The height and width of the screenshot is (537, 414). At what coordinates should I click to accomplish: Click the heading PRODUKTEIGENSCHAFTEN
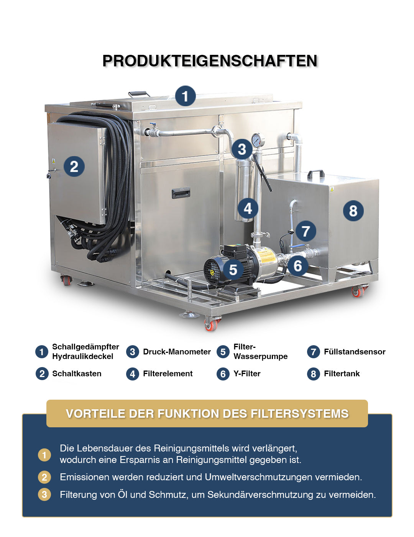click(x=210, y=61)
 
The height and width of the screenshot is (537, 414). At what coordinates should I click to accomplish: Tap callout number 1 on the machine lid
click(x=186, y=96)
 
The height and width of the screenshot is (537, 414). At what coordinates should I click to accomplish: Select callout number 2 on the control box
click(x=74, y=166)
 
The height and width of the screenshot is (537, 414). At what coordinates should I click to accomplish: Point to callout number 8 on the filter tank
click(x=353, y=211)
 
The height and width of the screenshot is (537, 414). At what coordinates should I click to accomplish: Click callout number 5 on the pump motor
click(x=233, y=269)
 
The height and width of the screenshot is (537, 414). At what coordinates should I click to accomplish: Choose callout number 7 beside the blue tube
click(x=306, y=231)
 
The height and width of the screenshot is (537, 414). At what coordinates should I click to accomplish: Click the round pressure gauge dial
click(x=258, y=140)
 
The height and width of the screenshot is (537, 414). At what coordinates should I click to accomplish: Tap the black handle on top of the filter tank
click(x=316, y=174)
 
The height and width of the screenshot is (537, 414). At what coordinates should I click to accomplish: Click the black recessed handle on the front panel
click(x=181, y=193)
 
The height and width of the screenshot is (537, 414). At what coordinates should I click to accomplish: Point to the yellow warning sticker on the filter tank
click(x=332, y=189)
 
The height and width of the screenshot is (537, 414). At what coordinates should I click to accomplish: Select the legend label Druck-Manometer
click(x=177, y=352)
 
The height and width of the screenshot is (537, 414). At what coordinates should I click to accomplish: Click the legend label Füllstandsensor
click(x=355, y=352)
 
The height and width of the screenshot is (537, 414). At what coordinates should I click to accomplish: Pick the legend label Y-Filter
click(x=247, y=373)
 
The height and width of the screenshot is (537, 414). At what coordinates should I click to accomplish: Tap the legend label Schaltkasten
click(x=77, y=373)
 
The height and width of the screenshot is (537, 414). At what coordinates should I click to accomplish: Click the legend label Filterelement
click(x=168, y=373)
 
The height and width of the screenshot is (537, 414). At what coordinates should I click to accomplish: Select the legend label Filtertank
click(x=342, y=373)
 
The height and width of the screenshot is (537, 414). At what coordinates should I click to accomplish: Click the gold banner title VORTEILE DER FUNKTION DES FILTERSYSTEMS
click(x=207, y=414)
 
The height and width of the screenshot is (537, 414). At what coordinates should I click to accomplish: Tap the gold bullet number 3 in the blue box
click(x=44, y=494)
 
